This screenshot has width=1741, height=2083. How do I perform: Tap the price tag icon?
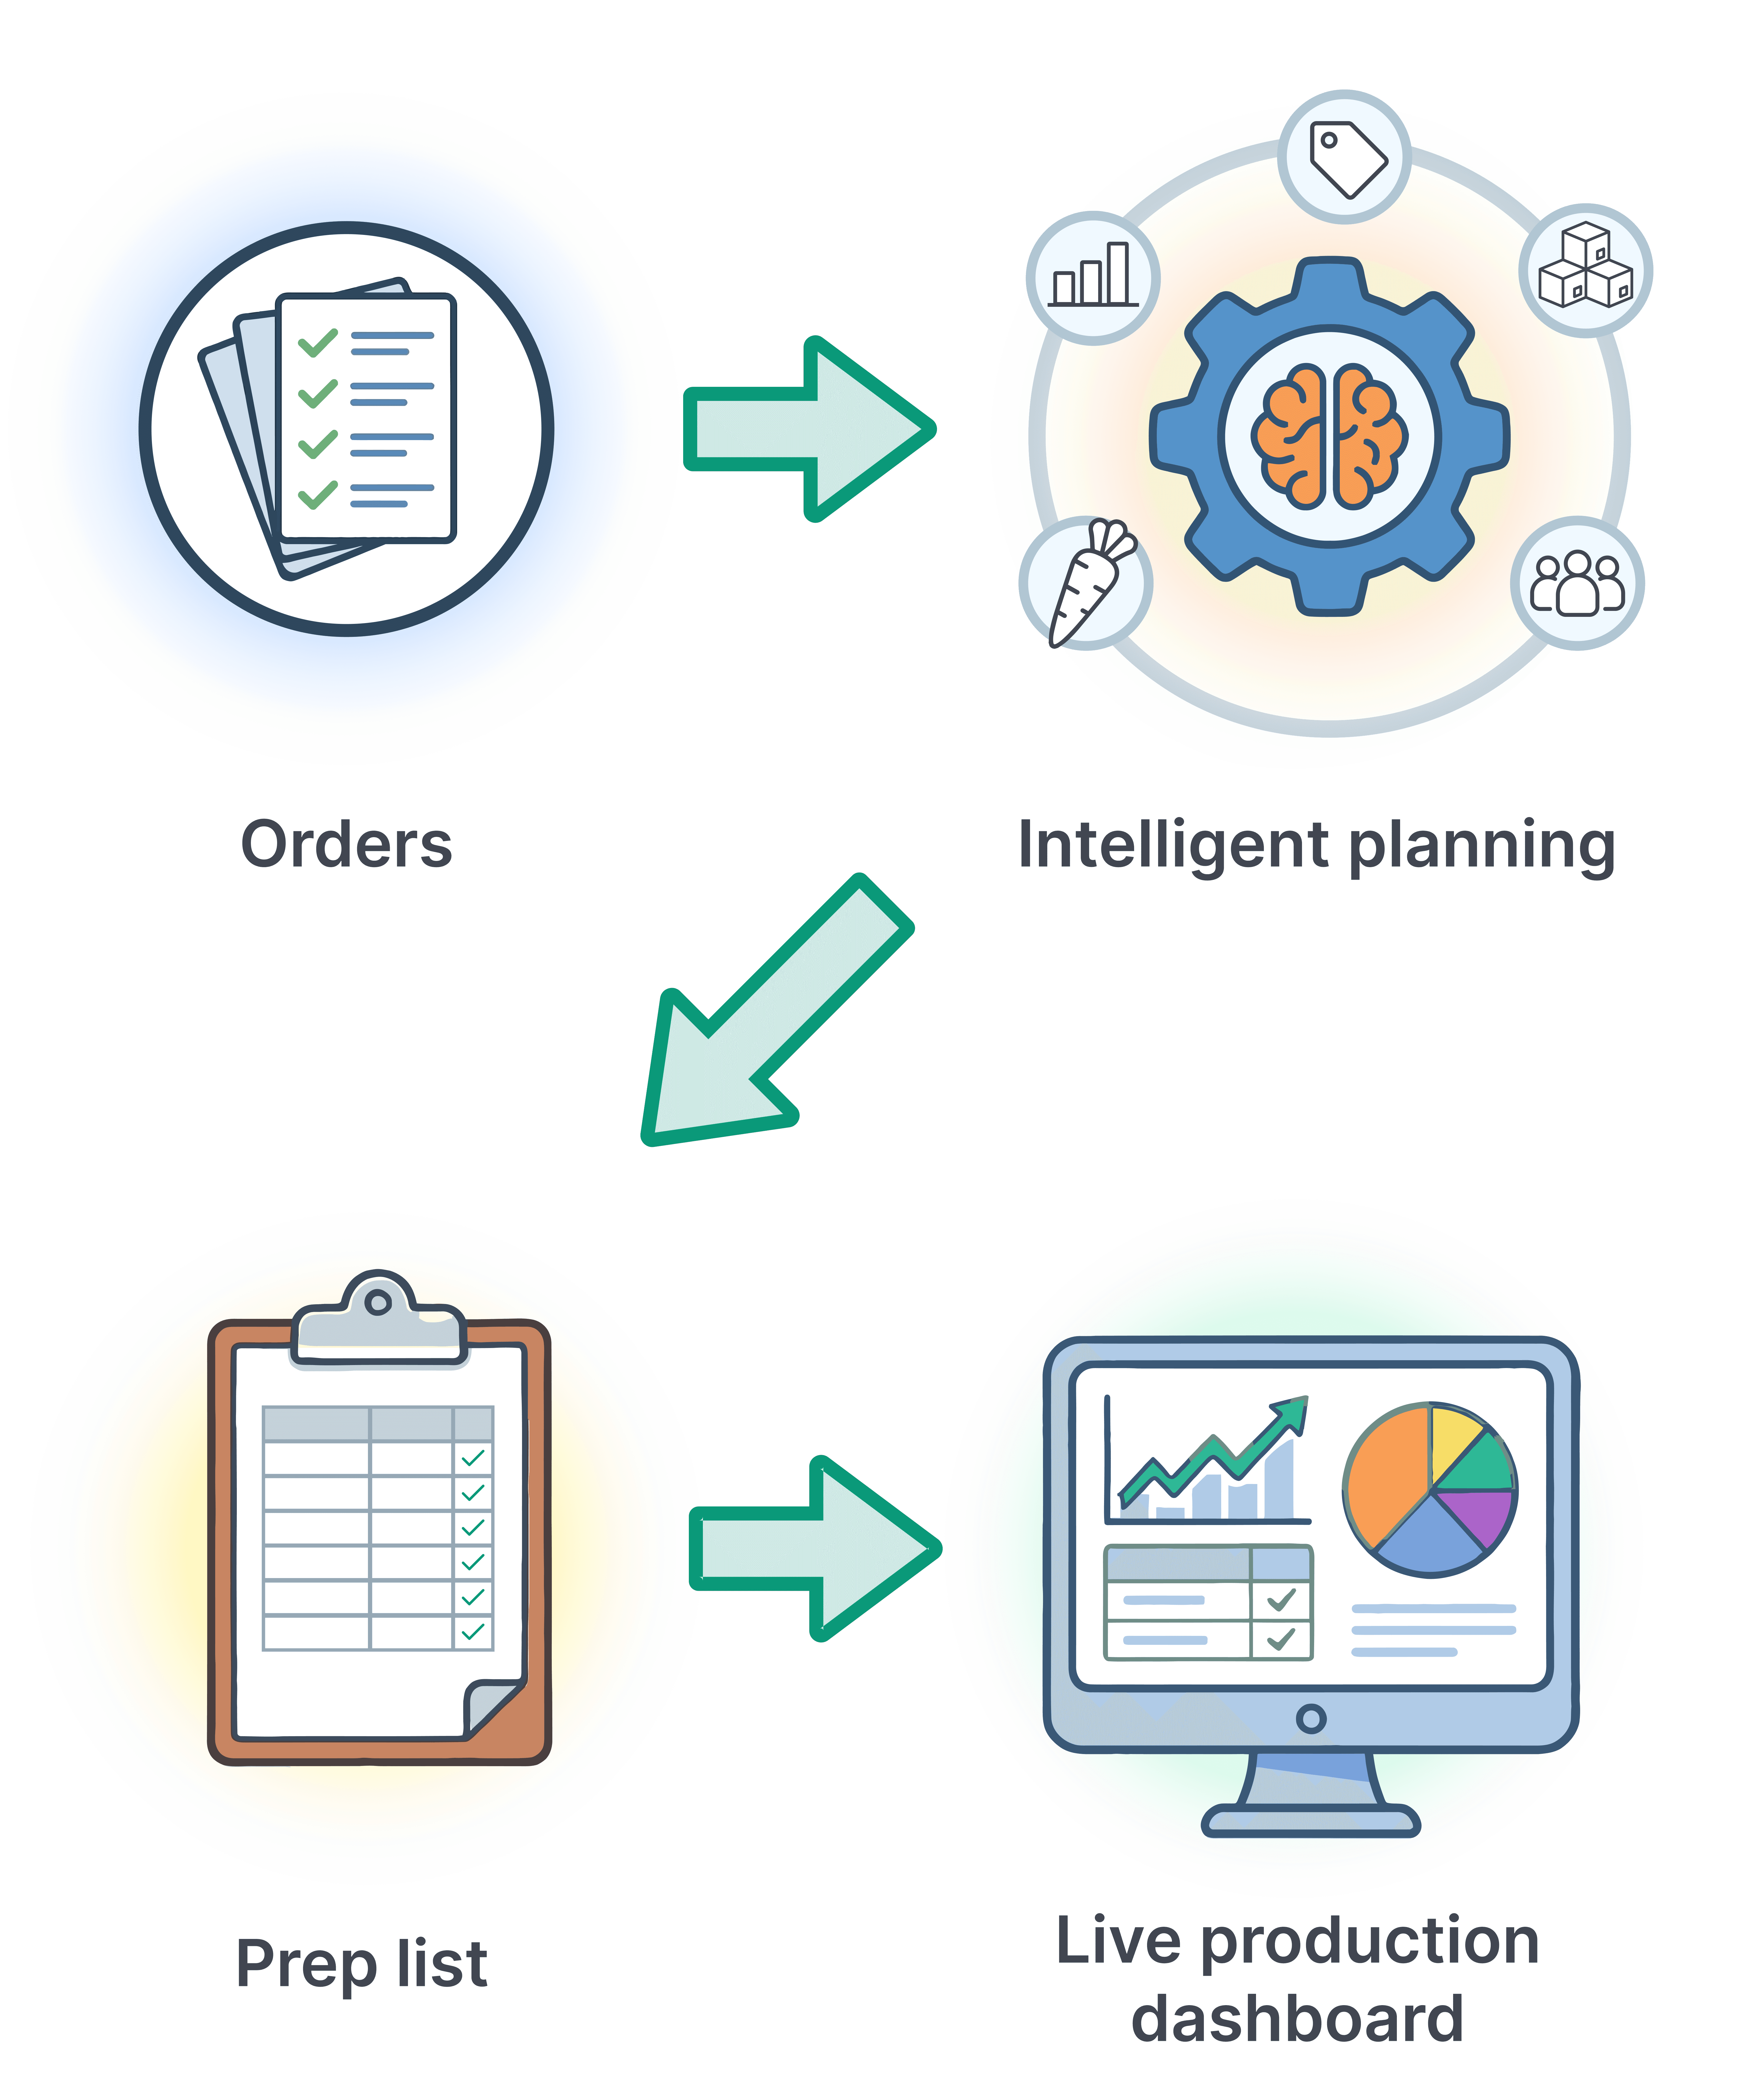point(1345,159)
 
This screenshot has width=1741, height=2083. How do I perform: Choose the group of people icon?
point(1577,583)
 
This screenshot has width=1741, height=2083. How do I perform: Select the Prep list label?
point(362,1964)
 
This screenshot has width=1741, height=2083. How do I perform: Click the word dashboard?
point(1298,2018)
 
